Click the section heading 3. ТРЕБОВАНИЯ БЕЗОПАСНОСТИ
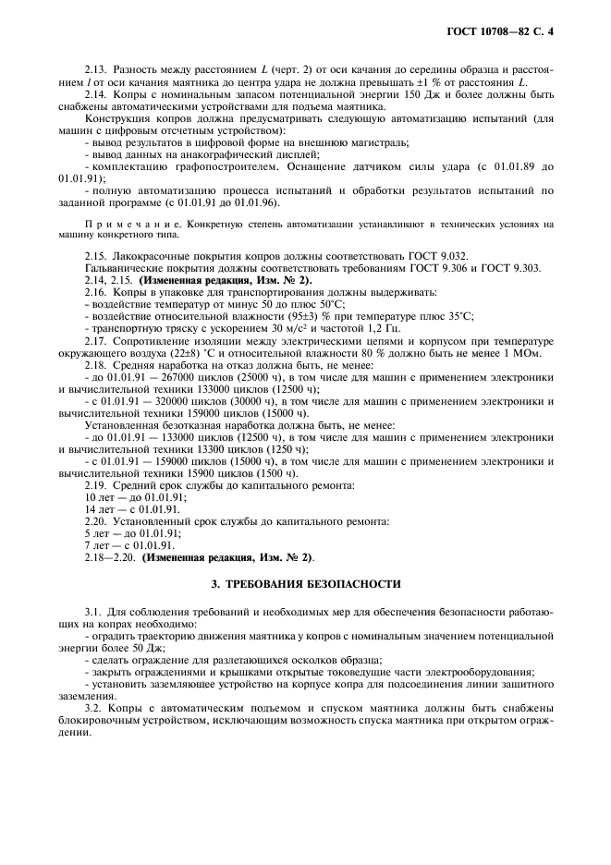coord(305,583)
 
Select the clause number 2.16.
coord(95,291)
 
